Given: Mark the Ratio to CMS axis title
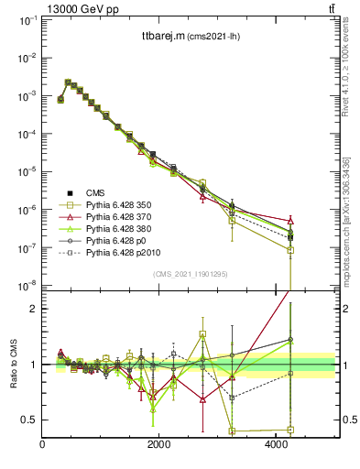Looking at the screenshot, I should [14, 365].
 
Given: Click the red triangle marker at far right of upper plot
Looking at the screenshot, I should [290, 221].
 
